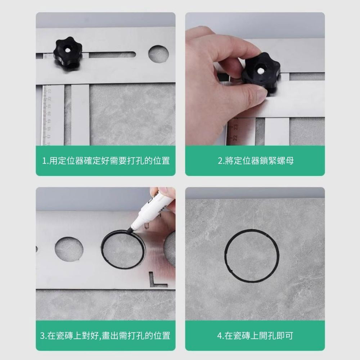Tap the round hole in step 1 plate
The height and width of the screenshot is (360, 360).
click(158, 53)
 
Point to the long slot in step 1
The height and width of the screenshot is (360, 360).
click(112, 55)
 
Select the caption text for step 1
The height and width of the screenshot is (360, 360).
click(105, 161)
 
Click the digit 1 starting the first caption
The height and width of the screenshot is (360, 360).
click(44, 161)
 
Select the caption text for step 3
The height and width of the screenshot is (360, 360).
click(105, 336)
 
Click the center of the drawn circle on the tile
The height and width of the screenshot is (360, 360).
click(251, 256)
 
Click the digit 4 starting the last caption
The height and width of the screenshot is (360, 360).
click(219, 336)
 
